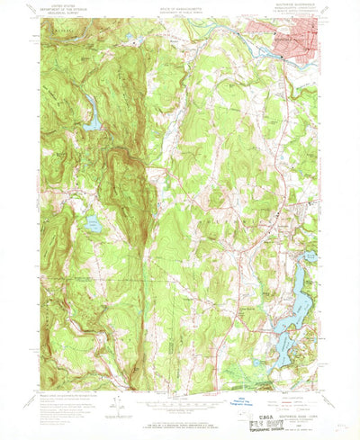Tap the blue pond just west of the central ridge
tap(93, 224)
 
